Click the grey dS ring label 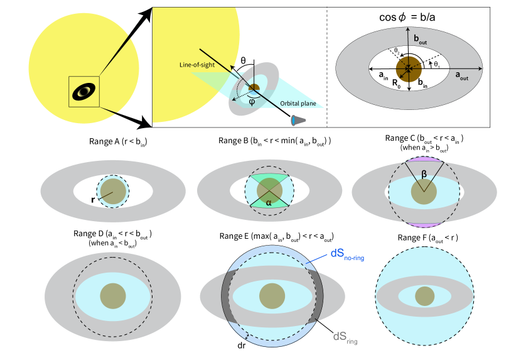point(345,338)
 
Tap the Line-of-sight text point(195,65)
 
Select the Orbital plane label point(298,104)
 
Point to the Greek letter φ point(251,100)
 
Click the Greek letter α point(269,202)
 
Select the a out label point(461,75)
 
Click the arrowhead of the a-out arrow point(480,67)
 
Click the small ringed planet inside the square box point(84,92)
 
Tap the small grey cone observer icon point(295,121)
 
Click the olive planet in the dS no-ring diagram point(272,296)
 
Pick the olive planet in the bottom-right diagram point(425,296)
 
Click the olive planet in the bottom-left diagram point(113,295)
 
